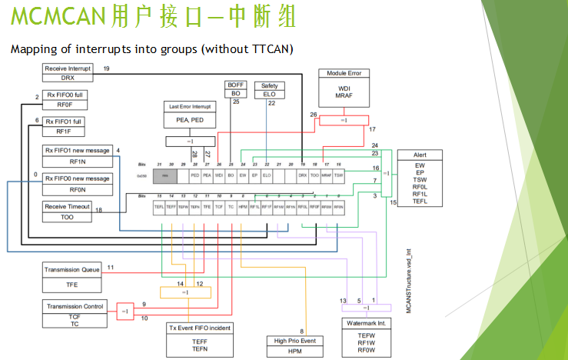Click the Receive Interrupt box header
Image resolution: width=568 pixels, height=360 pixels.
[67, 68]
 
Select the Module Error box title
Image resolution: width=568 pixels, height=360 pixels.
[344, 73]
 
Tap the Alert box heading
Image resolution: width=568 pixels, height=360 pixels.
[420, 155]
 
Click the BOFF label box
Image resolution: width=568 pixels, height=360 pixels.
[236, 84]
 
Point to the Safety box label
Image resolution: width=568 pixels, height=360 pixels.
[270, 85]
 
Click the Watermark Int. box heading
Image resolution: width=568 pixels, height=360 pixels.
[366, 324]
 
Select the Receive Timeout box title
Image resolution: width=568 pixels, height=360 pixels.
[67, 206]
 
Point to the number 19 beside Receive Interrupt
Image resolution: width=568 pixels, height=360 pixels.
[106, 69]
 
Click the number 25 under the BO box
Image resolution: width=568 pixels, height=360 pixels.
[236, 102]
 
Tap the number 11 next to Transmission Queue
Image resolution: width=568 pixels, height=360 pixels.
[111, 267]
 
